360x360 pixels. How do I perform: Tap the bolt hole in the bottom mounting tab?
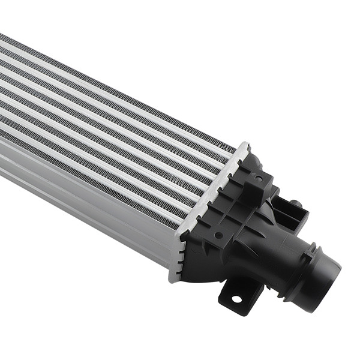pyautogui.click(x=236, y=298)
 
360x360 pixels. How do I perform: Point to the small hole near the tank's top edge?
pyautogui.click(x=258, y=178)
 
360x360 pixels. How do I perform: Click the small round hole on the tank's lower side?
pyautogui.click(x=218, y=235)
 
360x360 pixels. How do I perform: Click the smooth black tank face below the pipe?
pyautogui.click(x=204, y=264)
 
